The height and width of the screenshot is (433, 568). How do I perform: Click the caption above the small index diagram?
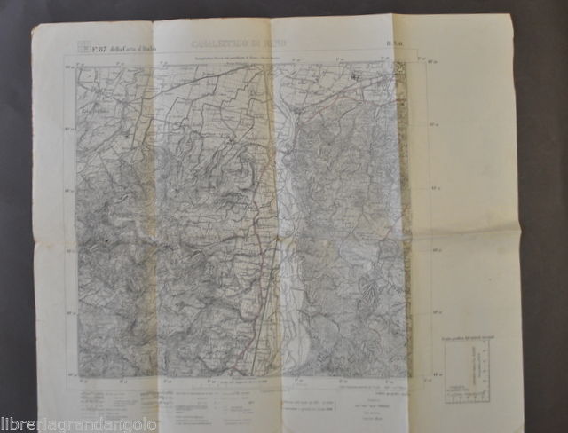click(467, 341)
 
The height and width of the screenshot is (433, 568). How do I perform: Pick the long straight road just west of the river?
click(259, 222)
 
